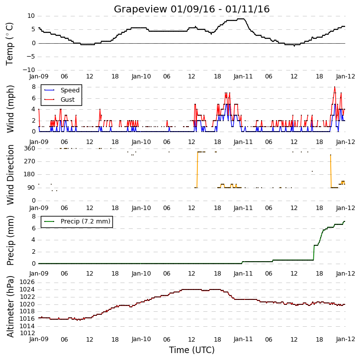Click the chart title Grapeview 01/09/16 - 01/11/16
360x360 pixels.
pos(191,9)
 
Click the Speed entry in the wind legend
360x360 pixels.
pos(70,90)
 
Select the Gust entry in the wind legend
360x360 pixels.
pos(68,100)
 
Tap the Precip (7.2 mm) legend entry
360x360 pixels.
pos(86,221)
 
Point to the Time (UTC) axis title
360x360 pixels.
pos(192,350)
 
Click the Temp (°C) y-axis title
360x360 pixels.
pos(9,44)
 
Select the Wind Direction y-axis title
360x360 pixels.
pos(10,175)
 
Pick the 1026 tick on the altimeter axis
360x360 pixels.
pos(27,282)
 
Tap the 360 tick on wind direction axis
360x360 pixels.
pos(29,148)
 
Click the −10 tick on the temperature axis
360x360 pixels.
pos(28,70)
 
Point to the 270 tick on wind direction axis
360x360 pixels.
pos(29,161)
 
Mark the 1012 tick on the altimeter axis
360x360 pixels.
pos(27,333)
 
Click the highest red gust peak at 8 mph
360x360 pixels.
pos(335,87)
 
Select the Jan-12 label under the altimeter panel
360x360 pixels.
pos(345,339)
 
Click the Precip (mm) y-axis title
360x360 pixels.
pos(10,241)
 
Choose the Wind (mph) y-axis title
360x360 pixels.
pos(10,109)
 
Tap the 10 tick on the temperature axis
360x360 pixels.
pos(31,16)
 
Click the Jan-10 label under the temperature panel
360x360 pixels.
pos(141,76)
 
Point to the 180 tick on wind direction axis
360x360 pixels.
pos(29,174)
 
